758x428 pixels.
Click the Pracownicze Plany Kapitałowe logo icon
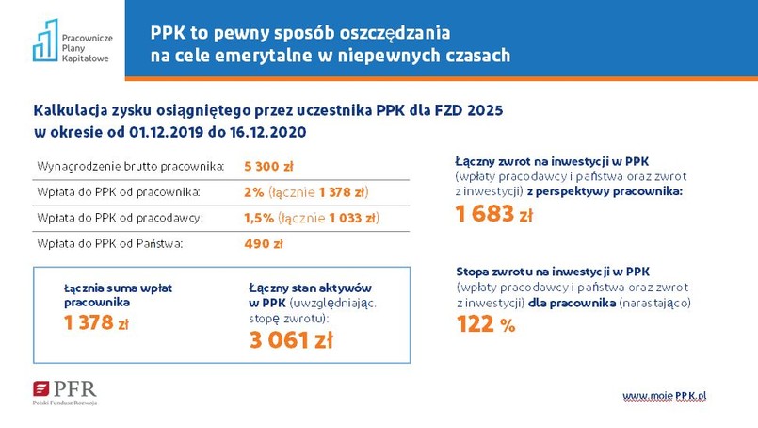point(45,41)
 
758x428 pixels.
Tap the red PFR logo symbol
point(41,388)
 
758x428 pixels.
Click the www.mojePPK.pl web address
point(664,395)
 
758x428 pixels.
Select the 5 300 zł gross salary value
point(268,167)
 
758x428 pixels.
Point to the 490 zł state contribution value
point(263,244)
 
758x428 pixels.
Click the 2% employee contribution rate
point(253,192)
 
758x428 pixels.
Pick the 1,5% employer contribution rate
point(260,219)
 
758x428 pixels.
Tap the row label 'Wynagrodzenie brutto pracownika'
point(131,167)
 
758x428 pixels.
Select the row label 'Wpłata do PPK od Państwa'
point(109,244)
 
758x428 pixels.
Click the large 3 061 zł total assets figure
point(291,340)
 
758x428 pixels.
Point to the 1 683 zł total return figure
point(493,215)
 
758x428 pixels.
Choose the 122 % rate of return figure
point(486,325)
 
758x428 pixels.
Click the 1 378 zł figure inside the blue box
point(95,323)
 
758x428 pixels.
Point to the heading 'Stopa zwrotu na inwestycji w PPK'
point(552,272)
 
